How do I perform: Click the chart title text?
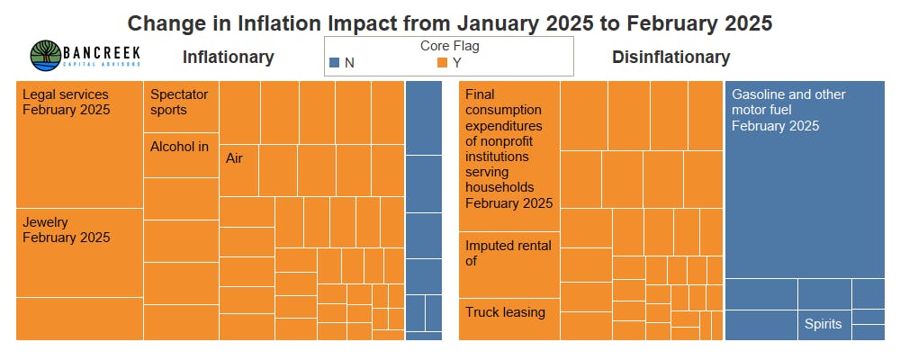coord(449,22)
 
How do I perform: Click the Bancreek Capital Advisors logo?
coord(86,56)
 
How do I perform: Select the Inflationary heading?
coord(228,57)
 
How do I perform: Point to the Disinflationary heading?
coord(670,58)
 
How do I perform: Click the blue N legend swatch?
coord(334,62)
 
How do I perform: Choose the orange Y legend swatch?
coord(442,62)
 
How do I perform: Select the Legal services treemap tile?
coord(79,144)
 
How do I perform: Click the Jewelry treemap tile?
coord(79,252)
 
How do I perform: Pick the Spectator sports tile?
coord(181,106)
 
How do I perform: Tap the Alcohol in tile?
coord(181,155)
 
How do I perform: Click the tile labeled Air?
coord(238,169)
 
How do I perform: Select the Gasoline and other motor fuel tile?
coord(805,180)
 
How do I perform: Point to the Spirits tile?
coord(823,324)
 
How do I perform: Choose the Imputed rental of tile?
coord(508,264)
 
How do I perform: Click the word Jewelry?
coord(46,221)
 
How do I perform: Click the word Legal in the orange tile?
coord(38,94)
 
